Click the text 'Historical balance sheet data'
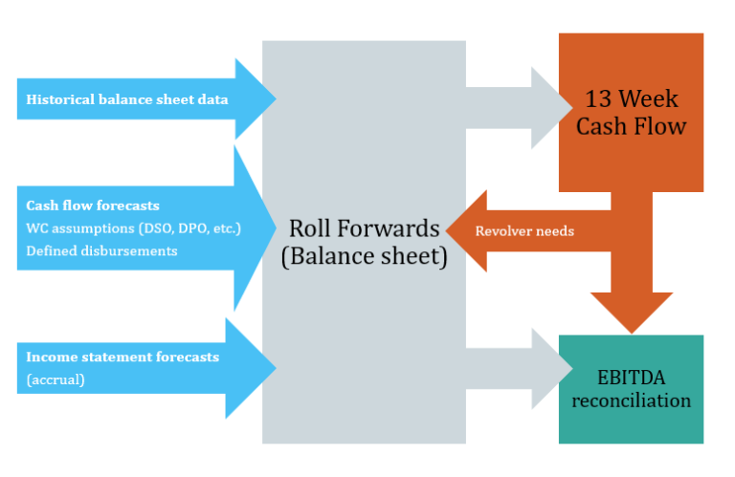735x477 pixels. click(126, 99)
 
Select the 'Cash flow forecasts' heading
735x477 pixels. click(93, 206)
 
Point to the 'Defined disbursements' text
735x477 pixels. click(101, 250)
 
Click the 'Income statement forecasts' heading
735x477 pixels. click(122, 357)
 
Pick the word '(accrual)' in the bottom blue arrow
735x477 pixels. click(56, 379)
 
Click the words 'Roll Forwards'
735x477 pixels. click(365, 228)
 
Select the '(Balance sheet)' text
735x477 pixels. click(365, 258)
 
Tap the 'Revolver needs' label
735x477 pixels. click(524, 230)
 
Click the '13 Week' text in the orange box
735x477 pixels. click(631, 98)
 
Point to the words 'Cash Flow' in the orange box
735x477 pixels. click(631, 126)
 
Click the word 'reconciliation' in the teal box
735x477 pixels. click(631, 400)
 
